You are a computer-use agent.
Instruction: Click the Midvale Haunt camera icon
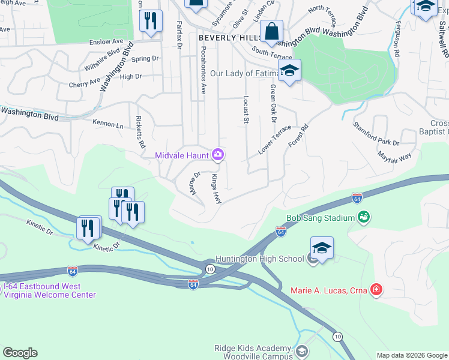point(218,155)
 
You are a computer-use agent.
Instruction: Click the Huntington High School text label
point(264,259)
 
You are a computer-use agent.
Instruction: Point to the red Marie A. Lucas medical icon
point(376,290)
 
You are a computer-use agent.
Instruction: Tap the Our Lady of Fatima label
point(244,73)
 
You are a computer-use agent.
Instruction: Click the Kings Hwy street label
point(216,189)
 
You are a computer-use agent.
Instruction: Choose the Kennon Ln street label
point(108,124)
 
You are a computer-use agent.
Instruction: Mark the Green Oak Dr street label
point(273,103)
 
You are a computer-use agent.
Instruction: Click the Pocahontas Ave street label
point(203,71)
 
